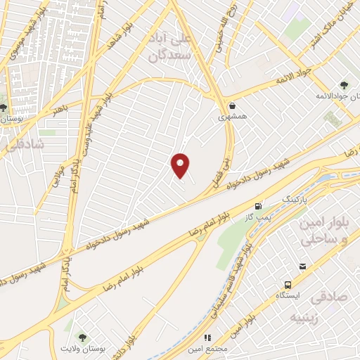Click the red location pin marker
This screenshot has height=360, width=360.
[x=181, y=165]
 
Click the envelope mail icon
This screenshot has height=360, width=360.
[x=302, y=266]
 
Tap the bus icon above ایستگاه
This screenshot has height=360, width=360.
[x=288, y=285]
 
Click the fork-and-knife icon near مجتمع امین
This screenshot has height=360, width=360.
[x=207, y=337]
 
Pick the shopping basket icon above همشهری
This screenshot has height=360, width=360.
[x=232, y=105]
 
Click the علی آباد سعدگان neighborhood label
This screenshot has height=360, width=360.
[x=169, y=42]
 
